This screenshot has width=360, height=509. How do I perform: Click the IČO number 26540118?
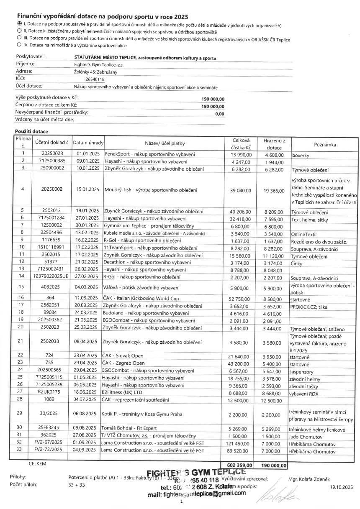tap(95, 79)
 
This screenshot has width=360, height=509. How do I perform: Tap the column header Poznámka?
tap(324, 144)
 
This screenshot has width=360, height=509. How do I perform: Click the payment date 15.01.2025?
tap(87, 189)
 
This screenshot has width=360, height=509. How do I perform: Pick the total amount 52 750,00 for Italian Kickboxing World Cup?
tap(240, 297)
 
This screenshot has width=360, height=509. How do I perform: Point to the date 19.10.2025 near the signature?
tap(341, 487)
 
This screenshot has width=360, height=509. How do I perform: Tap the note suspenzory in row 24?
tap(303, 371)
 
